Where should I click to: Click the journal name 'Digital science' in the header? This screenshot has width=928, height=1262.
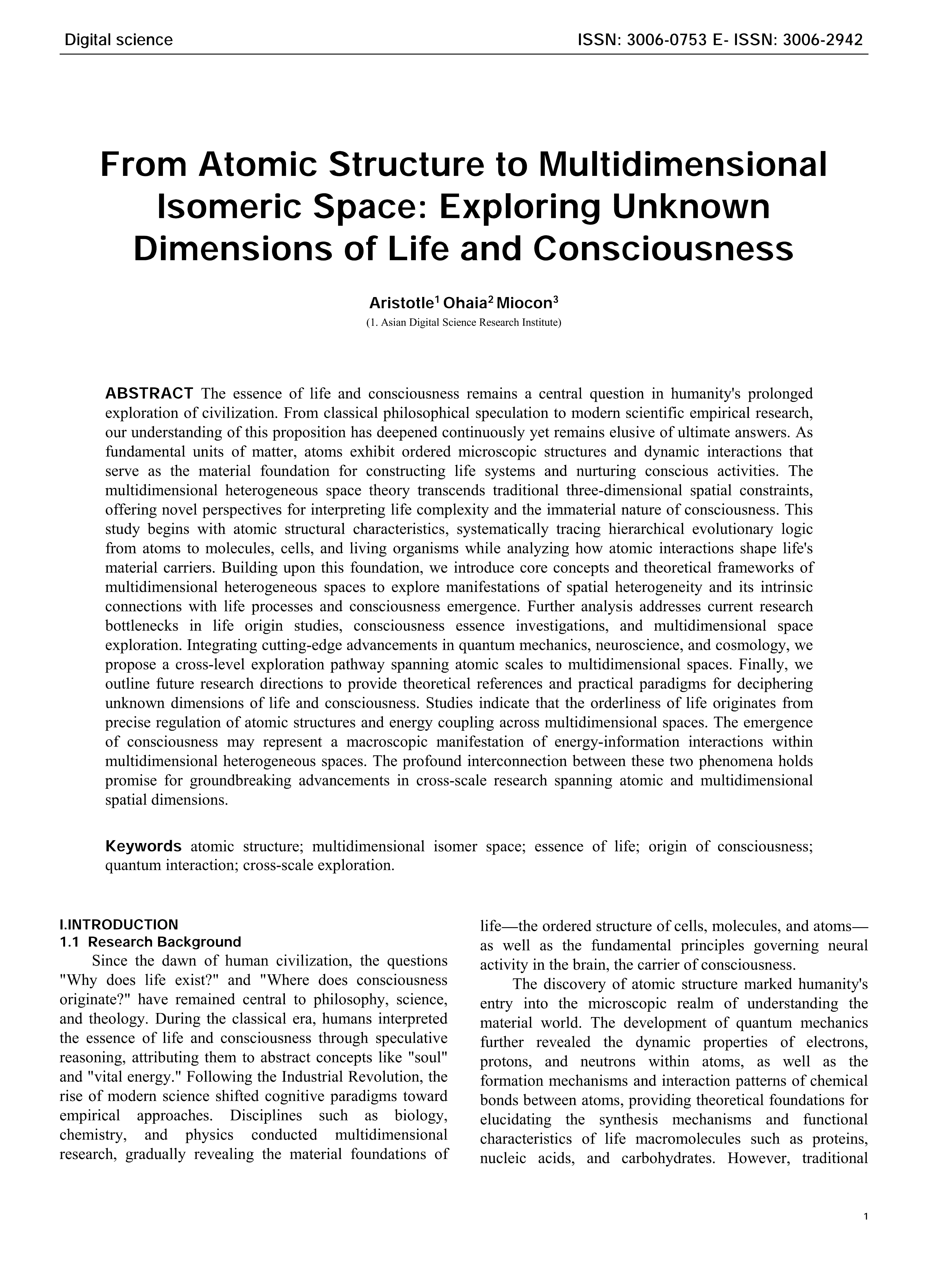[119, 40]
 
